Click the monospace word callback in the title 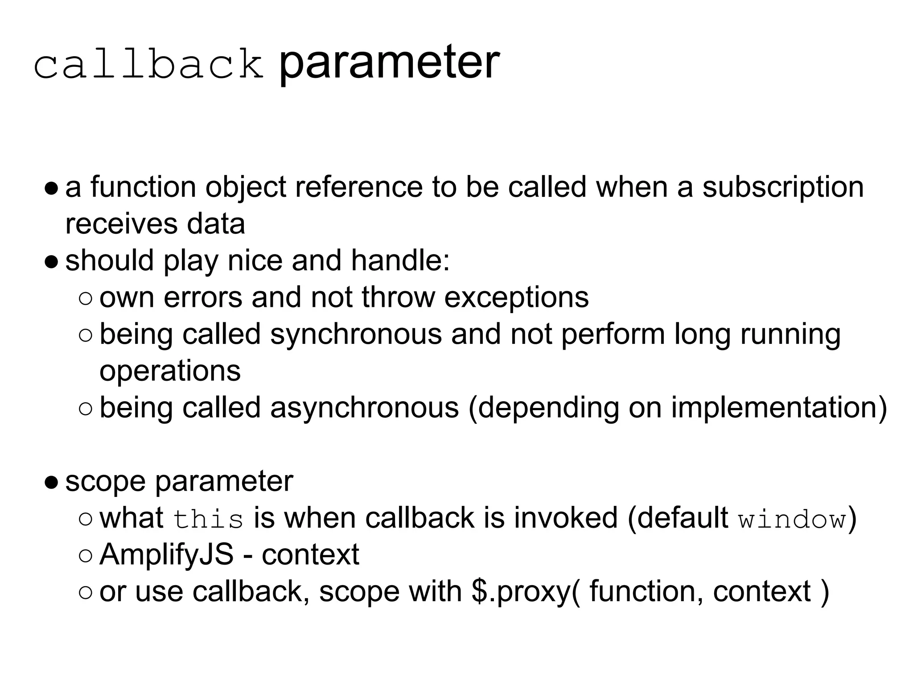pyautogui.click(x=148, y=65)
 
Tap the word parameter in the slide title pyautogui.click(x=388, y=63)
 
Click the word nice pyautogui.click(x=255, y=261)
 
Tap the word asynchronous pyautogui.click(x=364, y=407)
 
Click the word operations pyautogui.click(x=170, y=370)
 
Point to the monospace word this pyautogui.click(x=208, y=519)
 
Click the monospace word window pyautogui.click(x=792, y=519)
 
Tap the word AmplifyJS pyautogui.click(x=166, y=554)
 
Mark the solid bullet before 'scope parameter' pyautogui.click(x=51, y=482)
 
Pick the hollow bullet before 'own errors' pyautogui.click(x=85, y=298)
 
